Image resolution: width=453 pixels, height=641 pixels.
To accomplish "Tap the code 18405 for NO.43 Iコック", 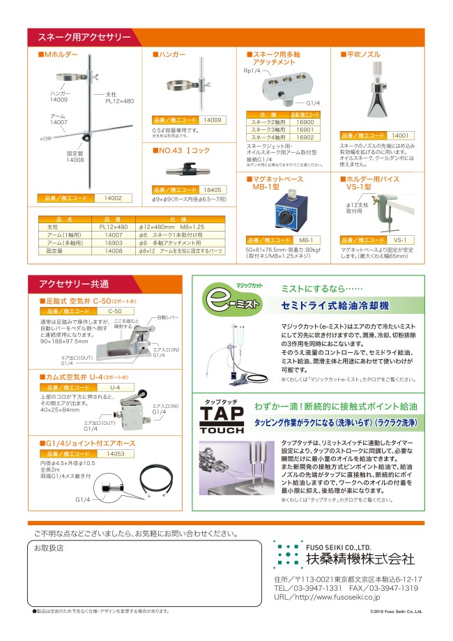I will [x=212, y=189].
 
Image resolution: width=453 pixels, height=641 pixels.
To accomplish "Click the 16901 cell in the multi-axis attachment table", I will [x=305, y=130].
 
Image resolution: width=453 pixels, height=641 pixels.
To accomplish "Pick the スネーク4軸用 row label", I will [x=268, y=137].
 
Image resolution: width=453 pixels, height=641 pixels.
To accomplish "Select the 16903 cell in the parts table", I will [x=112, y=243].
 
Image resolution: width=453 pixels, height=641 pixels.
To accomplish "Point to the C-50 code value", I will [x=115, y=310].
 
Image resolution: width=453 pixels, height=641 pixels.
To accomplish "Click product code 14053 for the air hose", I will [x=115, y=453].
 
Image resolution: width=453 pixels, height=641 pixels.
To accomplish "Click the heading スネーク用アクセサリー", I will [x=84, y=37].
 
